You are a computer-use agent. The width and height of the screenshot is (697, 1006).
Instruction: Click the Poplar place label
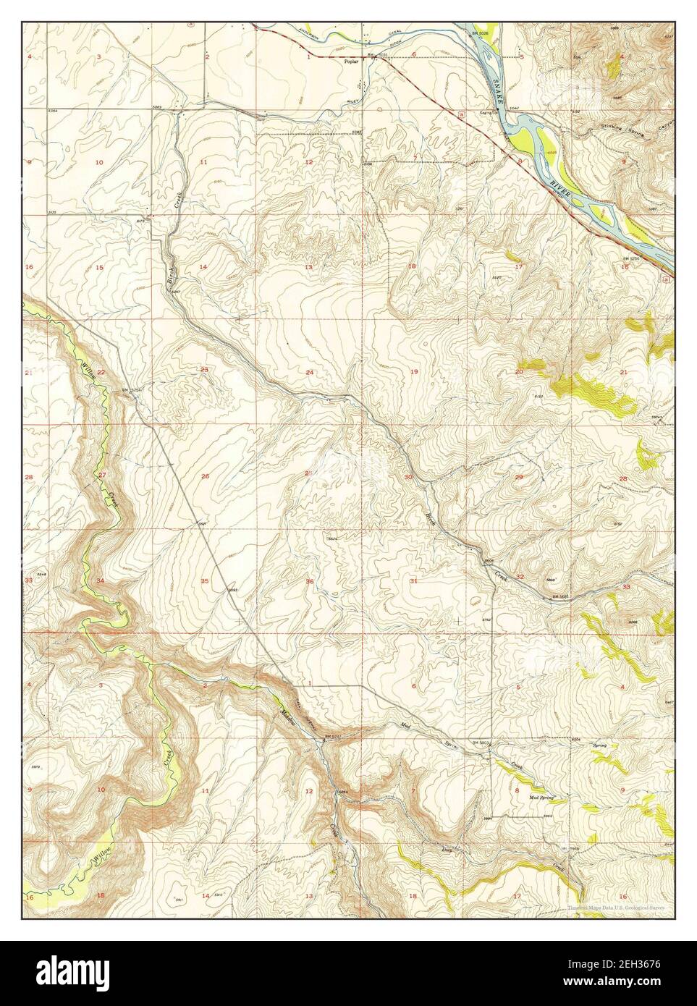pos(350,63)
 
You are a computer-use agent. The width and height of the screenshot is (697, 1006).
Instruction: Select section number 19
pos(414,371)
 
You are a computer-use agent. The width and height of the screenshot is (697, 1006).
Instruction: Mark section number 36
pos(310,581)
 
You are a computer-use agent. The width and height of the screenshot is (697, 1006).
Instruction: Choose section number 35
pos(205,581)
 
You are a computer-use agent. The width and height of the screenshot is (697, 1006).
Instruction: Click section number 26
pos(205,476)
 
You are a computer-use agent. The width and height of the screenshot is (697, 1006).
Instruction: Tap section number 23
pos(204,370)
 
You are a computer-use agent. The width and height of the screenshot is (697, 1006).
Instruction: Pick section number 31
pos(413,581)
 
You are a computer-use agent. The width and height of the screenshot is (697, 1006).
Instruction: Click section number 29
pos(518,477)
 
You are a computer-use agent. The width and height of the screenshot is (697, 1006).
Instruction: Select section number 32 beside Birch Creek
pos(520,576)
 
